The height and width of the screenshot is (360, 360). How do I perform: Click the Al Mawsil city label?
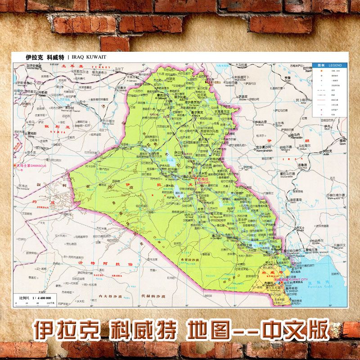pos(161,98)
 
